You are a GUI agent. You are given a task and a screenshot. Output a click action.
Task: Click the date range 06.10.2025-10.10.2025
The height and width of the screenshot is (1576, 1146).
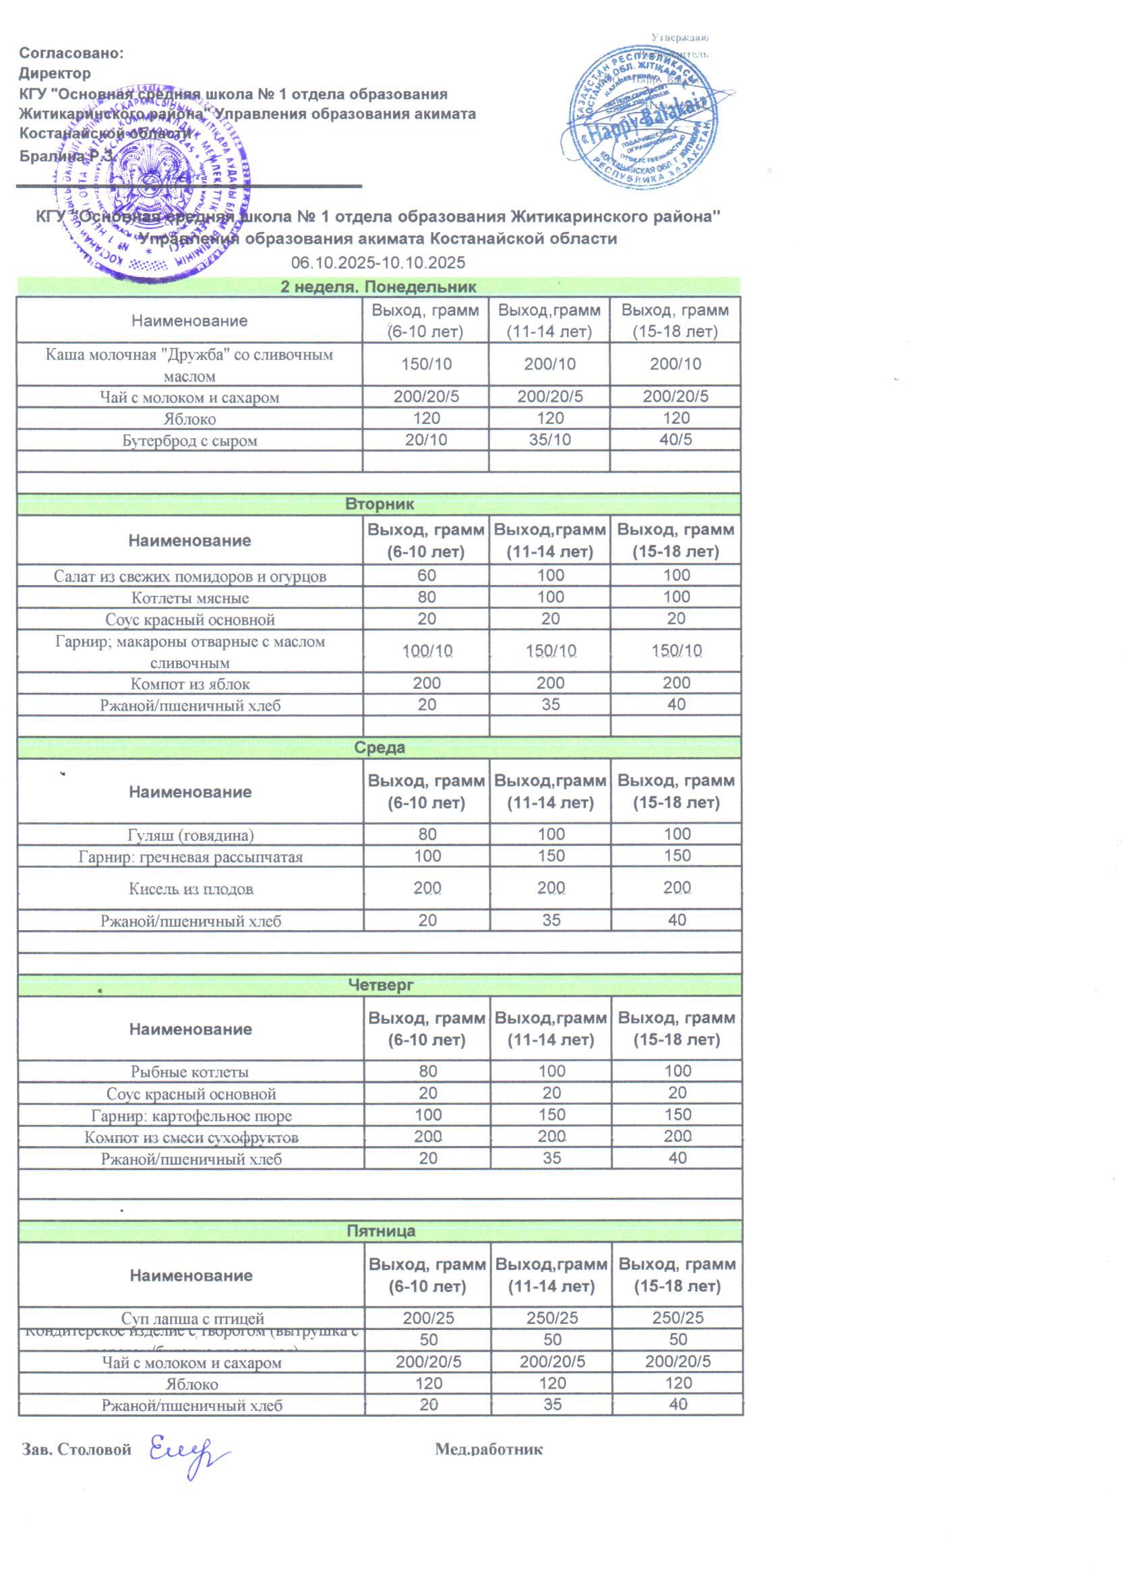point(378,263)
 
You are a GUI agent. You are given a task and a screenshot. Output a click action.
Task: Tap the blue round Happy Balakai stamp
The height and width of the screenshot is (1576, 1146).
point(645,118)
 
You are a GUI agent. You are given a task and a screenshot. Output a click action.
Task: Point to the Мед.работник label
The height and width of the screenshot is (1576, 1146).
point(489,1449)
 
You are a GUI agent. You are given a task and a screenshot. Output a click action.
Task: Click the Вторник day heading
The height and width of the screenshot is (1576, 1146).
point(379,504)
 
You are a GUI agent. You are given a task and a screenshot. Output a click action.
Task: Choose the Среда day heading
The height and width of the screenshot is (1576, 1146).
point(379,748)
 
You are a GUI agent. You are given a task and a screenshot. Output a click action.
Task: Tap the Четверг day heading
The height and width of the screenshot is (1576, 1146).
point(380,985)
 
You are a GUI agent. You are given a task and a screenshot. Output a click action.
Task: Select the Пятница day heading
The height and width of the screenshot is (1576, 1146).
point(380,1231)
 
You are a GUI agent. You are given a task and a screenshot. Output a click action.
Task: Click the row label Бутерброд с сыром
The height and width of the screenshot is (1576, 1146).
point(189,441)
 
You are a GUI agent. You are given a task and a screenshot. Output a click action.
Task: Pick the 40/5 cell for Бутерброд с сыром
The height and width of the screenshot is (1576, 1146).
point(675,440)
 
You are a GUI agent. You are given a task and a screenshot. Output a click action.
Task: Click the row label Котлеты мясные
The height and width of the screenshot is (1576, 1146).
point(189,598)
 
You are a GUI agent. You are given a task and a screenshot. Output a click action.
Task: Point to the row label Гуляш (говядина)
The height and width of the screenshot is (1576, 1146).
point(190,835)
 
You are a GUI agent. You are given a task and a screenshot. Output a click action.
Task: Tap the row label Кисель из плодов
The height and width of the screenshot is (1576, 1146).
point(190,888)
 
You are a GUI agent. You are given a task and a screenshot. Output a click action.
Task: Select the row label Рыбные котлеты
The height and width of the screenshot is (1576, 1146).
point(189,1072)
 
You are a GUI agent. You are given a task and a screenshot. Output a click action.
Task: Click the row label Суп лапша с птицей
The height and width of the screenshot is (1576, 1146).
point(193,1319)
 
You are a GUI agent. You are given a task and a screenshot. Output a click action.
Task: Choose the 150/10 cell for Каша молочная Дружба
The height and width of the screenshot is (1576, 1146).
point(425,363)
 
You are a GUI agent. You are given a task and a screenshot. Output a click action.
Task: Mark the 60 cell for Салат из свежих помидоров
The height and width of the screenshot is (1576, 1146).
point(426,576)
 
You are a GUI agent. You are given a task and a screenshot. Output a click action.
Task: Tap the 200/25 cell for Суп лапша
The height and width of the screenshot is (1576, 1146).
point(428,1318)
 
